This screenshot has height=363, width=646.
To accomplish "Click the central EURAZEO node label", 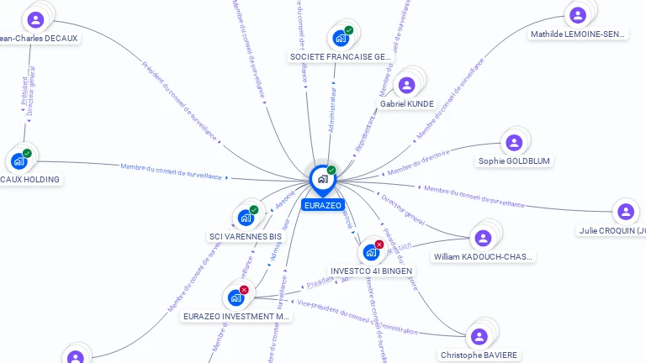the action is point(323,205).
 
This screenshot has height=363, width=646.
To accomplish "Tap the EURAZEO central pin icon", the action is point(322,179).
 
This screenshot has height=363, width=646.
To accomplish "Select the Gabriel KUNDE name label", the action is point(407,104).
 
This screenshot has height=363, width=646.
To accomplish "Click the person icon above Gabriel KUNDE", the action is point(407,85).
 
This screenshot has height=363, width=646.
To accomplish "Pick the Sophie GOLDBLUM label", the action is point(515,160).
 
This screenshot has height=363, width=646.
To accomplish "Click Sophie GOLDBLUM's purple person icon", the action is point(514,142).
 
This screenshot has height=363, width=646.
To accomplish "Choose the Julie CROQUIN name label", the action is point(612,230).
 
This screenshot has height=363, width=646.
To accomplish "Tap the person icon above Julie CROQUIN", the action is point(623,212).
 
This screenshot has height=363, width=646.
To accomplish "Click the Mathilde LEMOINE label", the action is point(578,34).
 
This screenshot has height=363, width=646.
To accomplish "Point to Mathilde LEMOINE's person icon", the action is point(578,15).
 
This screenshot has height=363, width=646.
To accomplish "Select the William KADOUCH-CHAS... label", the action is point(483,256).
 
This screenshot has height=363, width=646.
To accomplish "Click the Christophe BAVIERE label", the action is point(479,355).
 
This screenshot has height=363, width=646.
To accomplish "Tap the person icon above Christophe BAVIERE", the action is point(479,336).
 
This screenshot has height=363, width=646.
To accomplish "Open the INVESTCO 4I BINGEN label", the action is point(370,271).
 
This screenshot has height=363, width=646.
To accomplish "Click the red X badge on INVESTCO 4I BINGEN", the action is point(379,245).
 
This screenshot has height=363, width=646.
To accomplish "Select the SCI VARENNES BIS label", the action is point(246,237).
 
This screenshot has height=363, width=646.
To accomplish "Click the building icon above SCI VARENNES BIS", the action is point(246,218).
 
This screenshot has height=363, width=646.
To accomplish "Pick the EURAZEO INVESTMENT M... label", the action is point(236,317).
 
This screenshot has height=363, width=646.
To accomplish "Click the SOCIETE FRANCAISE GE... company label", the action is point(341,56).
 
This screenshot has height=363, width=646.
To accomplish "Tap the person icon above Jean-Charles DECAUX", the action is point(35,19).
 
